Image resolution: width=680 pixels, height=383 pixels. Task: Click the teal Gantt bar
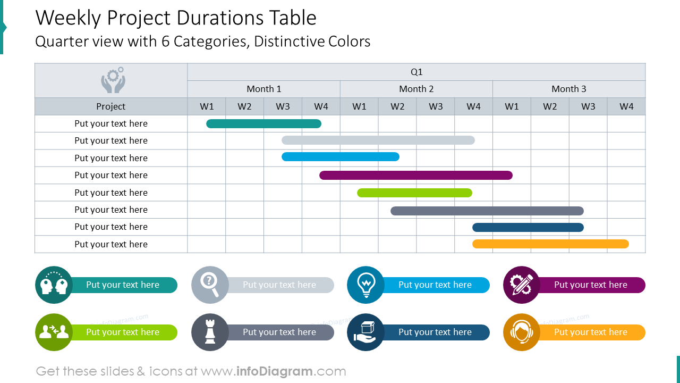pyautogui.click(x=263, y=124)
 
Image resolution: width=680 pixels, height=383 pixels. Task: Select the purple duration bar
pyautogui.click(x=415, y=175)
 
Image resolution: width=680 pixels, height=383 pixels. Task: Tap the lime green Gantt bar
pyautogui.click(x=414, y=193)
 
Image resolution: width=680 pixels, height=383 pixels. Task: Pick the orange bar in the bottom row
pyautogui.click(x=550, y=244)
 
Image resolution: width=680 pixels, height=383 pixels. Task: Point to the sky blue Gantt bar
pyautogui.click(x=340, y=157)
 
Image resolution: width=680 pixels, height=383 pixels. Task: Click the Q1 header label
pyautogui.click(x=416, y=72)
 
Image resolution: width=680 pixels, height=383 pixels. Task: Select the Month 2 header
pyautogui.click(x=416, y=89)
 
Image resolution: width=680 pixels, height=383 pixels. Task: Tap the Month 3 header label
pyautogui.click(x=569, y=89)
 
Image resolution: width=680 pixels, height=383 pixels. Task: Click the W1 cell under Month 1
pyautogui.click(x=207, y=106)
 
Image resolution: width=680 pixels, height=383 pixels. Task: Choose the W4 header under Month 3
pyautogui.click(x=626, y=106)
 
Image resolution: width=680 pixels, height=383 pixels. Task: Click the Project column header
pyautogui.click(x=111, y=106)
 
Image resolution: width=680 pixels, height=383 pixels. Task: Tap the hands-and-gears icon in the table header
pyautogui.click(x=113, y=80)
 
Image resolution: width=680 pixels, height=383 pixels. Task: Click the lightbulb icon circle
pyautogui.click(x=365, y=285)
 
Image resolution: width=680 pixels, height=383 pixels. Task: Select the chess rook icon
pyautogui.click(x=210, y=332)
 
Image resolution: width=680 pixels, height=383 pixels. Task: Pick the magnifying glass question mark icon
pyautogui.click(x=210, y=285)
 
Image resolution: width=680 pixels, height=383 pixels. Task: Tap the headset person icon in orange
pyautogui.click(x=522, y=332)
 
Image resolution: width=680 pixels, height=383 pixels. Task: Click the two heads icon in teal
pyautogui.click(x=54, y=285)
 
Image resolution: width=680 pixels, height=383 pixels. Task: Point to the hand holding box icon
pyautogui.click(x=365, y=332)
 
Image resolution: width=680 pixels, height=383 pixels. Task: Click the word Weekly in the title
pyautogui.click(x=68, y=18)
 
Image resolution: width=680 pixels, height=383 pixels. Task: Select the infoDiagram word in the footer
pyautogui.click(x=274, y=371)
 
